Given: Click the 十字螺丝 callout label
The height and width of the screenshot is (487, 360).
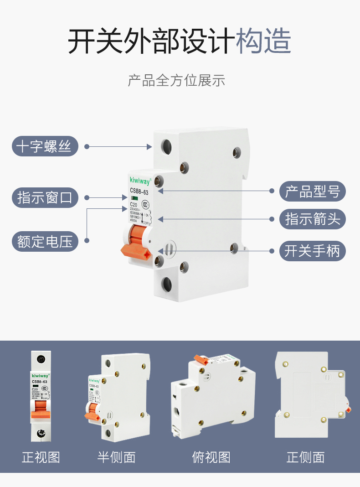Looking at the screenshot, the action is (x=45, y=146).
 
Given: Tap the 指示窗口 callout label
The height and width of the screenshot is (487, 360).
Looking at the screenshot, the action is (x=45, y=198).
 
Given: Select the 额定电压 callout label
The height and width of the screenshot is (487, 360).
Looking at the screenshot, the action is (x=45, y=241).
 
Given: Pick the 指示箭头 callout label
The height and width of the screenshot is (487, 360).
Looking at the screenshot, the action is (x=313, y=219).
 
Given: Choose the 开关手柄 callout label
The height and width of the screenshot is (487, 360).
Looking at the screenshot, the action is (x=313, y=251).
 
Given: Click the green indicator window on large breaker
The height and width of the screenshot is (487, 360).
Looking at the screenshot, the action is (x=134, y=198).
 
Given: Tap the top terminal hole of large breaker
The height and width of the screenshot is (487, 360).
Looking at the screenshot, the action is (x=166, y=147).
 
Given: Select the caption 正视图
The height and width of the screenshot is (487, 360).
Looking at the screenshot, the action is (x=41, y=457).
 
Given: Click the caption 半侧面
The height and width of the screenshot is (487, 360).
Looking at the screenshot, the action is (x=117, y=457).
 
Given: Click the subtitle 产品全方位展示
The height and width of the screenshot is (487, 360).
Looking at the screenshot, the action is (x=176, y=81).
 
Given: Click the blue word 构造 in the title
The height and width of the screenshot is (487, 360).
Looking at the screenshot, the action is (x=263, y=41).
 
